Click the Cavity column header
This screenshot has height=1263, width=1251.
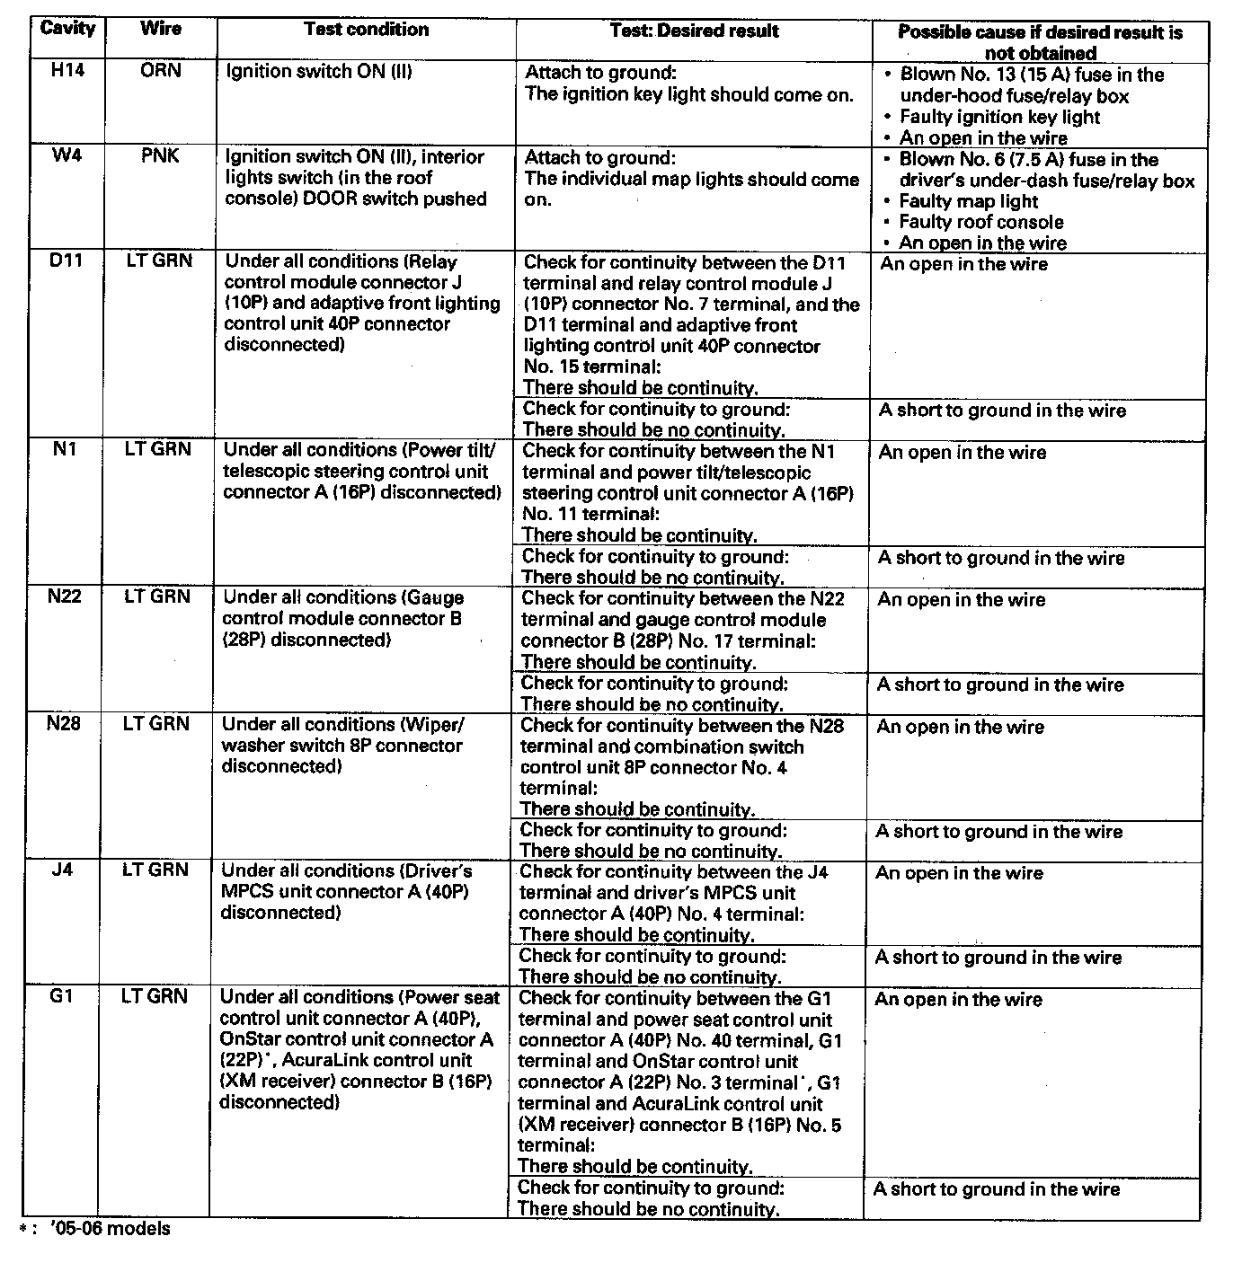tap(67, 28)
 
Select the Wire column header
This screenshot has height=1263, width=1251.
tap(160, 28)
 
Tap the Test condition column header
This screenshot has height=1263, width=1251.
tap(366, 29)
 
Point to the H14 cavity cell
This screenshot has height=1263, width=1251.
tap(67, 70)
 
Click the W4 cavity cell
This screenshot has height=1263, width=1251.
tap(67, 156)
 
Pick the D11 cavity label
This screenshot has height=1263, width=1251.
tap(66, 261)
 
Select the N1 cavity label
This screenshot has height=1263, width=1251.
tap(64, 449)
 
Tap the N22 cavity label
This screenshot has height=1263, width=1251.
tap(64, 596)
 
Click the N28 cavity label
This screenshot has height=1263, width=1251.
tap(63, 724)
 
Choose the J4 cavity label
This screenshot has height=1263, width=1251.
tap(62, 870)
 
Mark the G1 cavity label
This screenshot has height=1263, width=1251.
tap(61, 996)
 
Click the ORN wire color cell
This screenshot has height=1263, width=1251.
tap(160, 70)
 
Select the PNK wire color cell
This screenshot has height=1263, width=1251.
tap(160, 156)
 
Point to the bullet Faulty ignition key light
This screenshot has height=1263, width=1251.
tap(999, 117)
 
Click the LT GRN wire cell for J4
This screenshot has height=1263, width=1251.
tap(156, 870)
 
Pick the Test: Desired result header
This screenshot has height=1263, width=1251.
tap(694, 31)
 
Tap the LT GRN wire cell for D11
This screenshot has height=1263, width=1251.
tap(158, 261)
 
